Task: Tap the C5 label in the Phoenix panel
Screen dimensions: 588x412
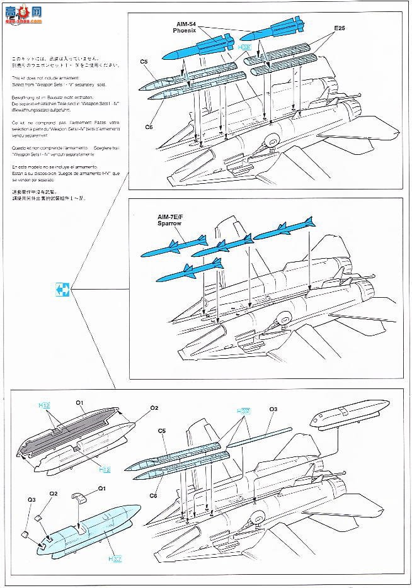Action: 144,62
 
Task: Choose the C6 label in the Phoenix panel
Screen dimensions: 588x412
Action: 149,127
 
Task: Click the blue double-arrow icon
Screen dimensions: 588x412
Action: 61,290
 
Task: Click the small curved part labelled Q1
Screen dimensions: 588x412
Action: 78,497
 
